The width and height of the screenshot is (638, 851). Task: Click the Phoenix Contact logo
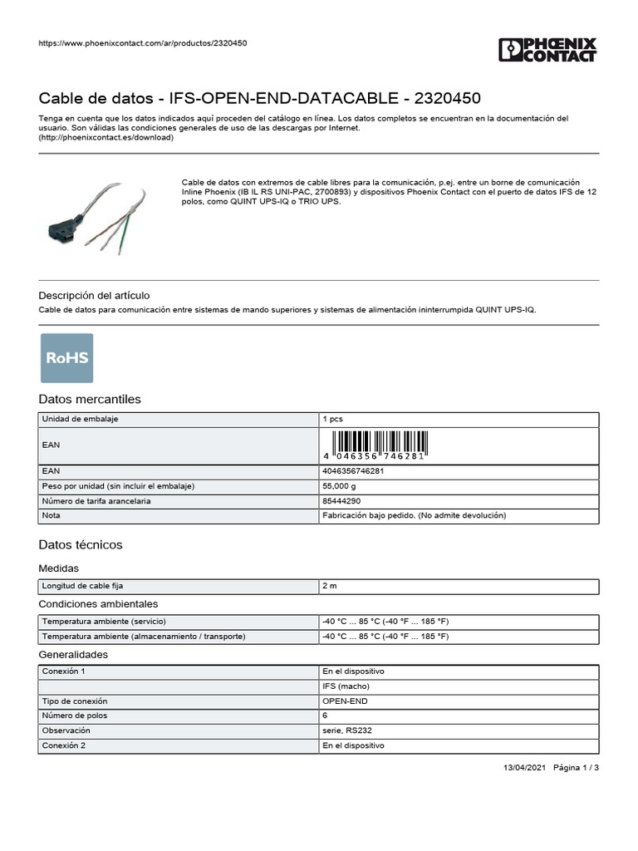point(547,50)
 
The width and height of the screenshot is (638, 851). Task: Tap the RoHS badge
point(66,357)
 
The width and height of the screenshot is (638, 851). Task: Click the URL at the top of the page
point(143,43)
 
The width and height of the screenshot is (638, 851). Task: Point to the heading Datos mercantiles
point(90,399)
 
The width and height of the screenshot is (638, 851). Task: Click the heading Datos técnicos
point(81,544)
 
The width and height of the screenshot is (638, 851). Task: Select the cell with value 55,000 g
point(339,485)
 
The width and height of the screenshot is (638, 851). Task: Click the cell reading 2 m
point(329,587)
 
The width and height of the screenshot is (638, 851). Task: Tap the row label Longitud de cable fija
point(83,587)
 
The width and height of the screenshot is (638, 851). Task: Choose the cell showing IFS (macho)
point(346,686)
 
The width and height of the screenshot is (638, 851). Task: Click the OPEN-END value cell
point(345,701)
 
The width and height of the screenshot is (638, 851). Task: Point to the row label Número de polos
point(75,716)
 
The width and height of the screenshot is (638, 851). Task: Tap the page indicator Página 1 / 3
point(576,768)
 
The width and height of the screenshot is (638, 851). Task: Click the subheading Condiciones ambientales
point(98,603)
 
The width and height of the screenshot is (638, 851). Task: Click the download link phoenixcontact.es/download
point(106,138)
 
